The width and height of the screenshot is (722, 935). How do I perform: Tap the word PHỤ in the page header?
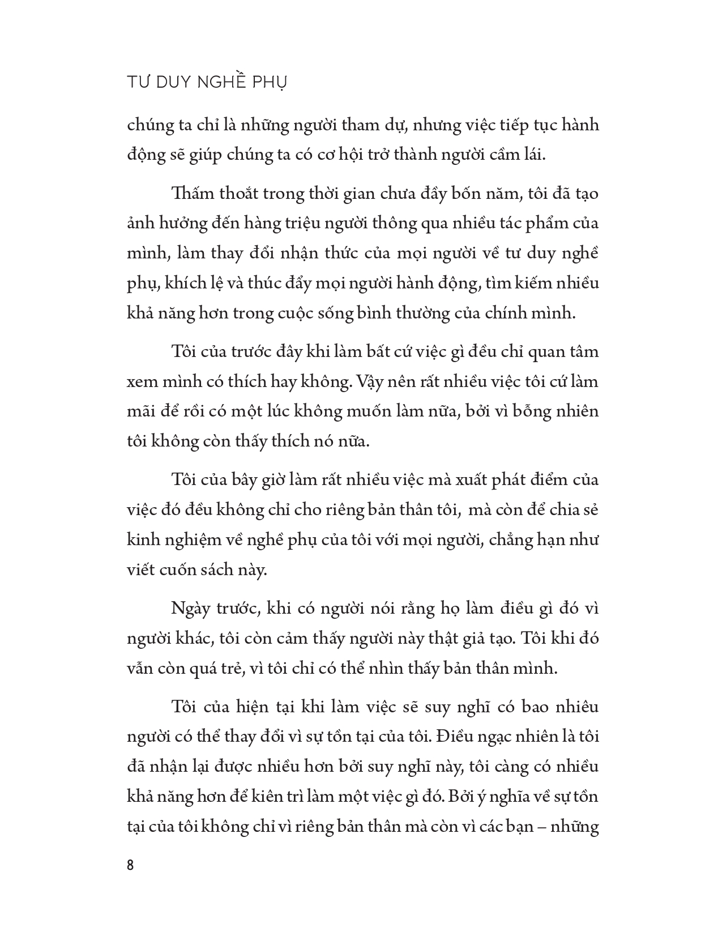(270, 82)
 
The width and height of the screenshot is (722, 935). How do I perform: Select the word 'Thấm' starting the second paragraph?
(194, 194)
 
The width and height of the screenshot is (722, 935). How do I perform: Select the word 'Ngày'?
(193, 609)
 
